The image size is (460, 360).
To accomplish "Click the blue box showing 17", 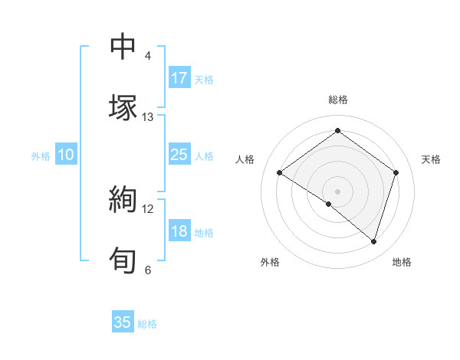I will pyautogui.click(x=179, y=78).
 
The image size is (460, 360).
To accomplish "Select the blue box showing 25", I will pyautogui.click(x=179, y=155).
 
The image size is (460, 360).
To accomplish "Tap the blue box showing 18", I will pyautogui.click(x=179, y=232).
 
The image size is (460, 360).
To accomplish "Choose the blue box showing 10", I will pyautogui.click(x=66, y=155).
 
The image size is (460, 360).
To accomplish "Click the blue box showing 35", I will pyautogui.click(x=123, y=322).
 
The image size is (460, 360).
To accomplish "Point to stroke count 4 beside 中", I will pyautogui.click(x=148, y=56).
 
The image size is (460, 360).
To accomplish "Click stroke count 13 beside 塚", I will pyautogui.click(x=148, y=116).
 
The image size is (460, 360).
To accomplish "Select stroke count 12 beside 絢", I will pyautogui.click(x=148, y=208).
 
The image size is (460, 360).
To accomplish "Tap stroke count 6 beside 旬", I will pyautogui.click(x=148, y=269).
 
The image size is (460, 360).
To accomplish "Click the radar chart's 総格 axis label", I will pyautogui.click(x=337, y=100).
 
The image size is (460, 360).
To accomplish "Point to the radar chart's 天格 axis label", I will pyautogui.click(x=432, y=159).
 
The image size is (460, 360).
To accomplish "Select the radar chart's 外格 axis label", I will pyautogui.click(x=270, y=262).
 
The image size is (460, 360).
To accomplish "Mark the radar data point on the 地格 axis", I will pyautogui.click(x=373, y=241).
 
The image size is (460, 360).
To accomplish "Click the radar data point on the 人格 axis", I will pyautogui.click(x=280, y=173).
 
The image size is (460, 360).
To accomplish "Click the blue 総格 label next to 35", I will pyautogui.click(x=147, y=324).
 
